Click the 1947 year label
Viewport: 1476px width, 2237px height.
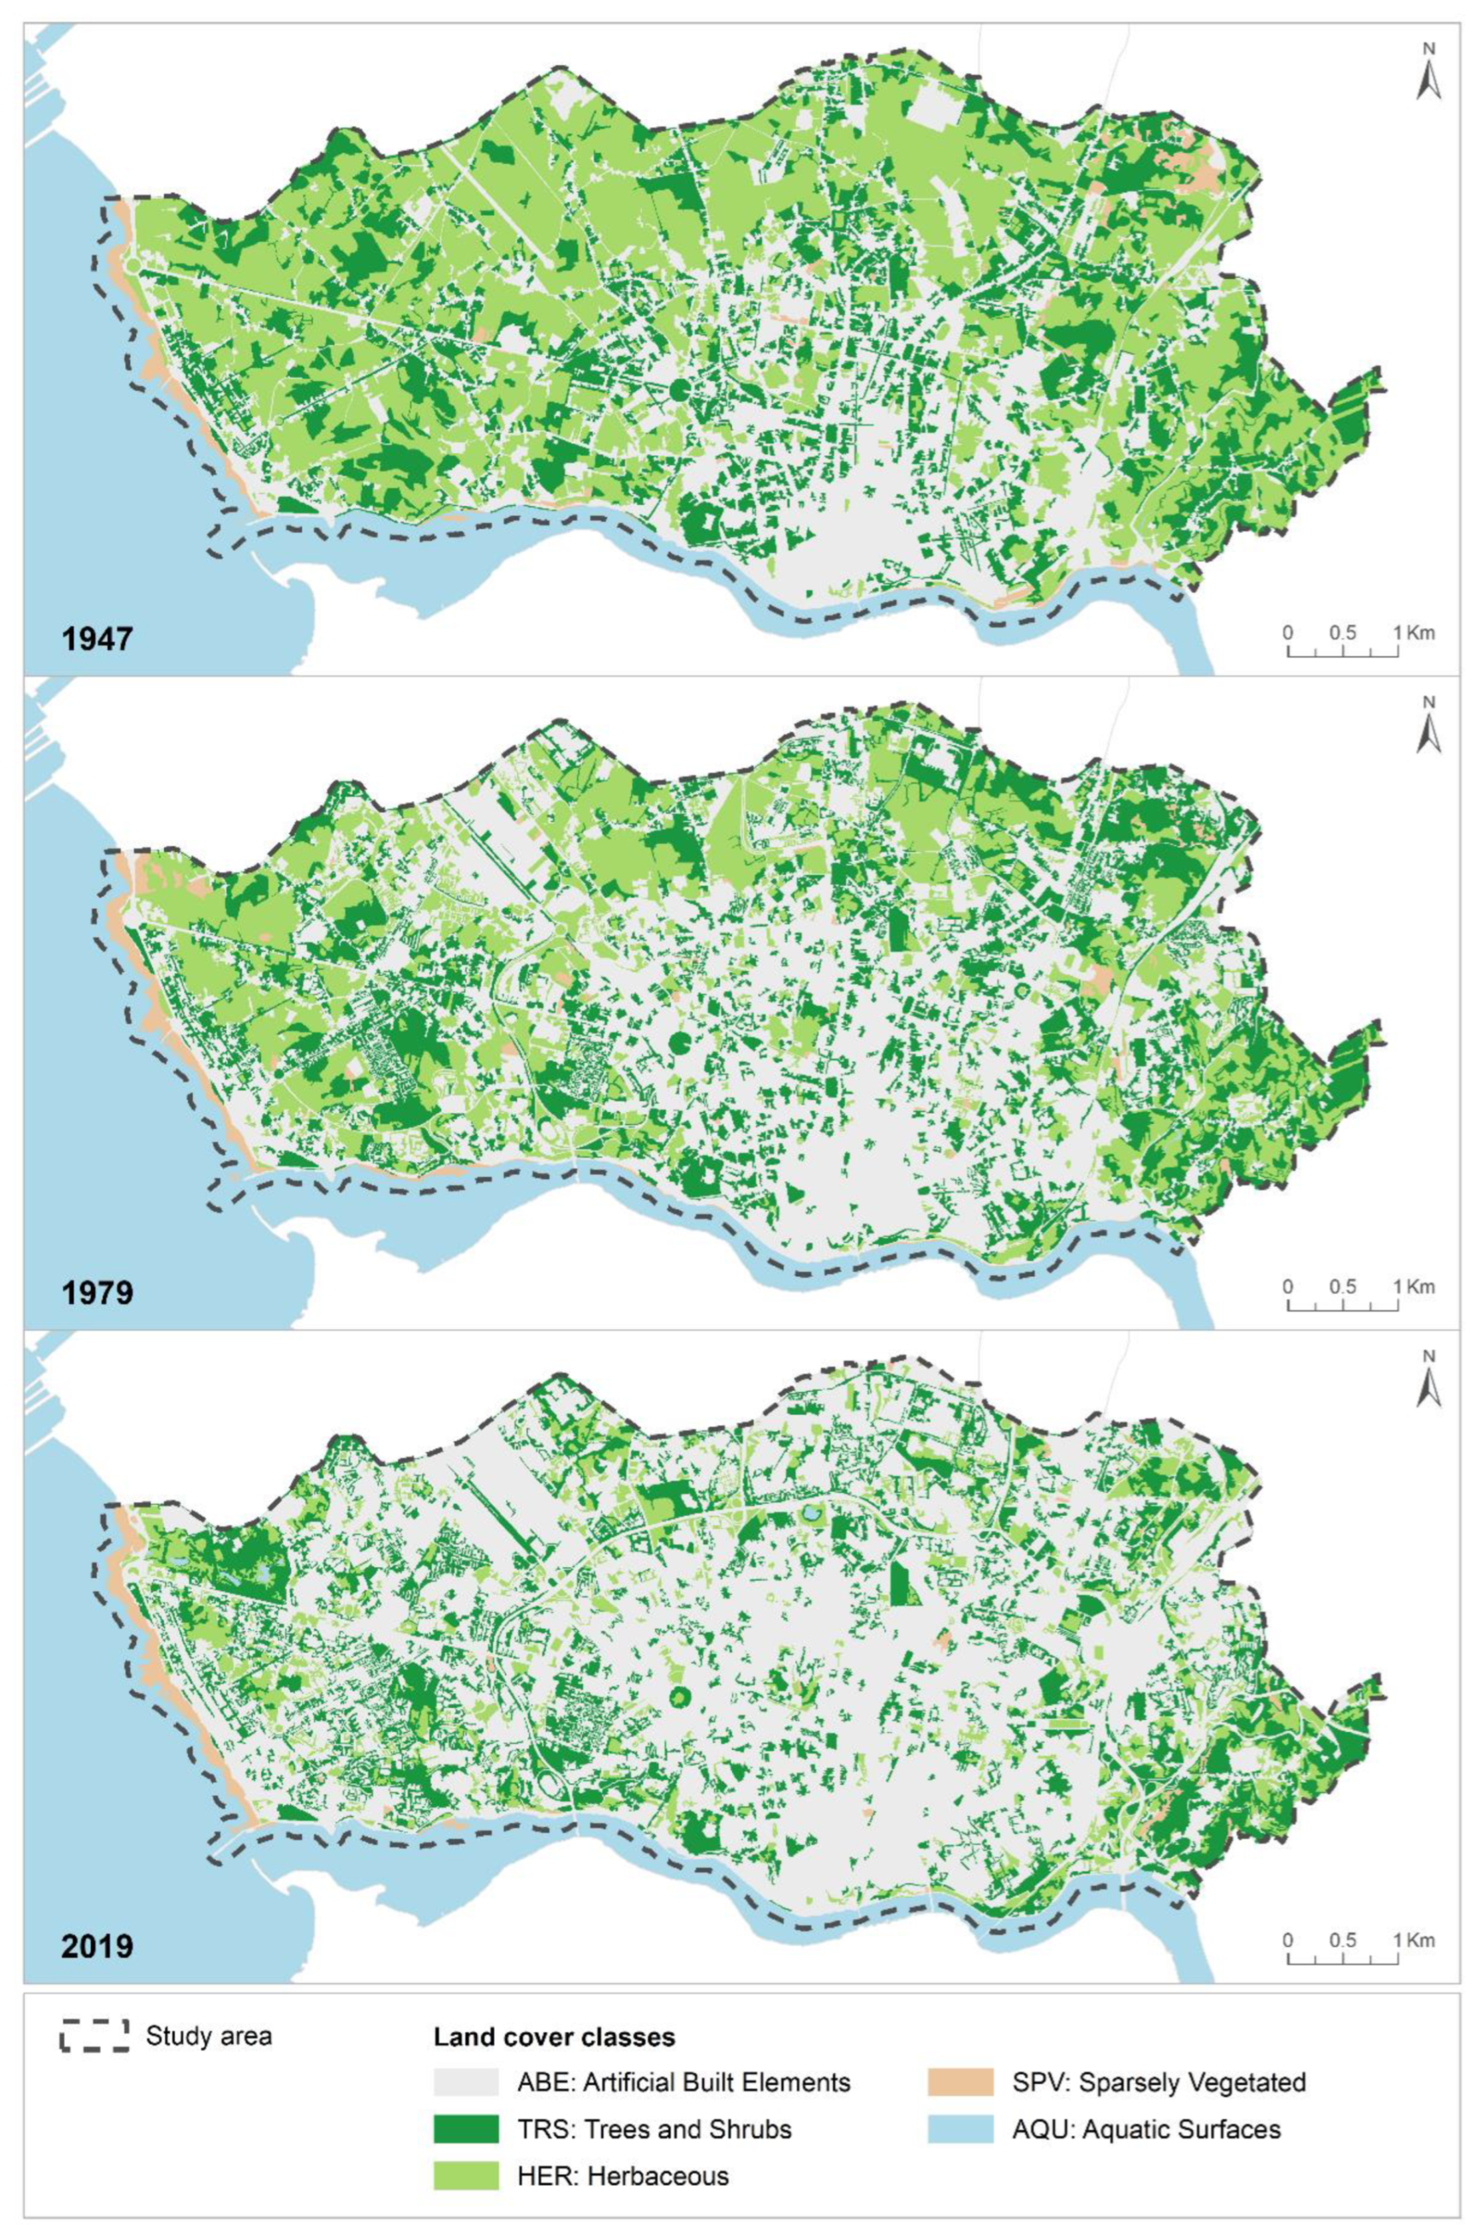click(97, 639)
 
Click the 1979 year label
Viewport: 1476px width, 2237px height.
click(97, 1293)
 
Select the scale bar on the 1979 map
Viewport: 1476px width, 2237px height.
click(1341, 1303)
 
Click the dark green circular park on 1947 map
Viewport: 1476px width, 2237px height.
click(680, 391)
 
